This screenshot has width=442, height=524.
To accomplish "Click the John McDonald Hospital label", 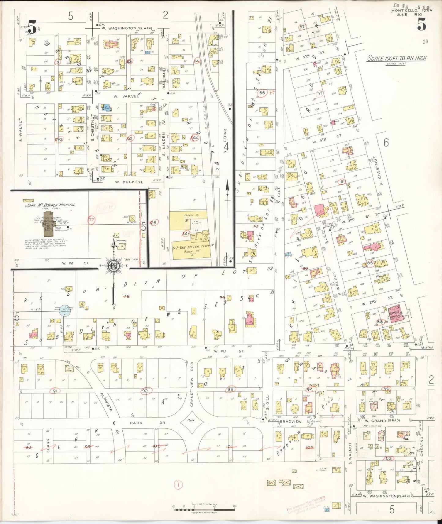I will (x=50, y=205).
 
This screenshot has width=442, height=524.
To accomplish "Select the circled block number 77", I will (x=91, y=220).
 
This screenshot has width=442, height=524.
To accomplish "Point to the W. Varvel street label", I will (x=127, y=96).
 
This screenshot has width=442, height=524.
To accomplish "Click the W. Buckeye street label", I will (x=129, y=182).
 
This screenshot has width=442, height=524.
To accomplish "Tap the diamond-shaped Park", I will (x=191, y=423).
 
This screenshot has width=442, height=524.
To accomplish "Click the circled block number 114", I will (x=197, y=61).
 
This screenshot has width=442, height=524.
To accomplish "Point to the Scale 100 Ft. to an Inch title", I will (x=396, y=58).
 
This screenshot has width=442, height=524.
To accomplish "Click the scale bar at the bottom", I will (x=204, y=508).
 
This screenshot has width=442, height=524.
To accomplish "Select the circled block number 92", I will (x=145, y=391).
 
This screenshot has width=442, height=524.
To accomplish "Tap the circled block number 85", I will (x=370, y=263).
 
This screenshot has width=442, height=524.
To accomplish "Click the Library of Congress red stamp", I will (x=306, y=503).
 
